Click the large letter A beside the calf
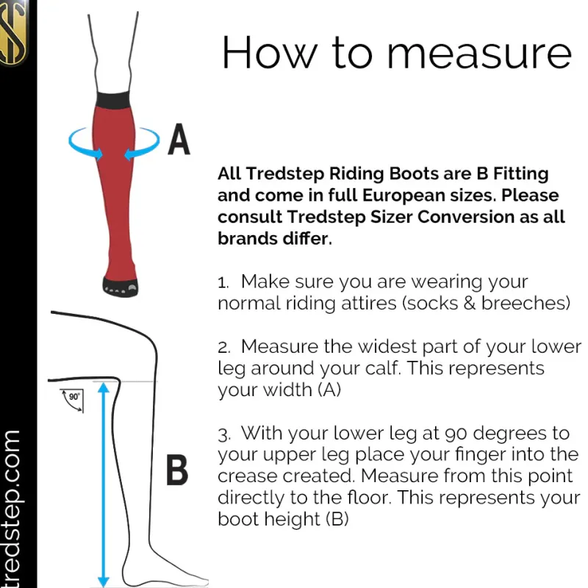pyautogui.click(x=179, y=140)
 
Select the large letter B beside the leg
pyautogui.click(x=176, y=471)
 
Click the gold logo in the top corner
pyautogui.click(x=12, y=33)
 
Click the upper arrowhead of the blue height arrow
pyautogui.click(x=104, y=387)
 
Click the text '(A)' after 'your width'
pyautogui.click(x=329, y=390)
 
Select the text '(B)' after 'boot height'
pyautogui.click(x=337, y=519)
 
